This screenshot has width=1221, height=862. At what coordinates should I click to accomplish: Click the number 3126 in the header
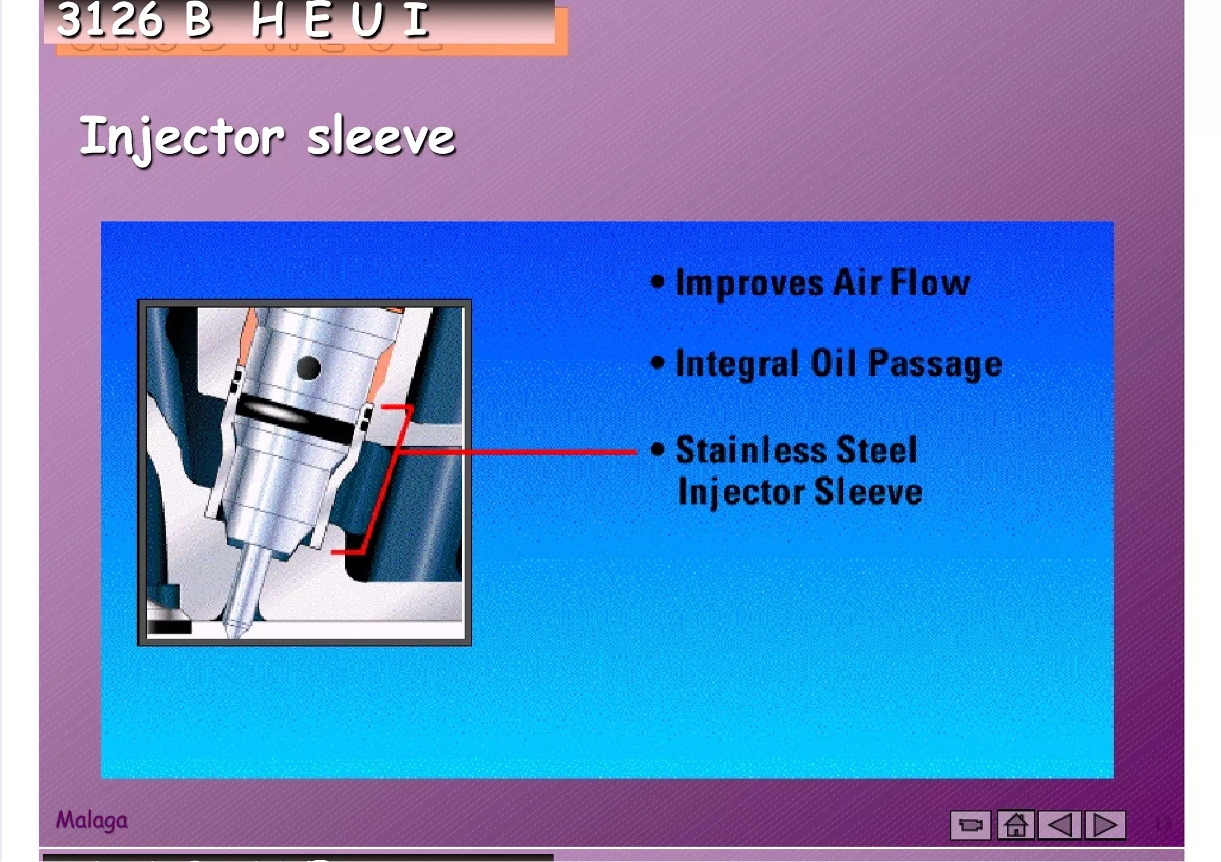click(x=110, y=19)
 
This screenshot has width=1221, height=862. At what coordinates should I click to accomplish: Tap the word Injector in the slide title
click(x=182, y=138)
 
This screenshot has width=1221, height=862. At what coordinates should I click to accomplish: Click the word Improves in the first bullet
click(x=749, y=283)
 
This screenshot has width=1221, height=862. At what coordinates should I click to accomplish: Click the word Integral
click(x=737, y=364)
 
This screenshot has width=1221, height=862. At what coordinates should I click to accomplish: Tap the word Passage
click(x=935, y=364)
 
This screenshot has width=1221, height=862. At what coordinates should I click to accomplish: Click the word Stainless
click(x=751, y=450)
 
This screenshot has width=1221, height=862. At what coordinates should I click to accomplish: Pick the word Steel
click(x=877, y=450)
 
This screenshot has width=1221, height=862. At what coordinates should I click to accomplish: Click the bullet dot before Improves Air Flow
click(x=657, y=282)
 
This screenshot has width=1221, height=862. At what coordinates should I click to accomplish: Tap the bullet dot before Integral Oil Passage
click(x=657, y=362)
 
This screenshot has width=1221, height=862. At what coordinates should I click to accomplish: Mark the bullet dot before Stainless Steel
click(x=657, y=449)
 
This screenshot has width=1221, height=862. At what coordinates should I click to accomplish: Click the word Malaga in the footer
click(x=92, y=820)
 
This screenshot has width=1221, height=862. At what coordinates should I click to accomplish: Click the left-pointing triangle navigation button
click(x=1059, y=825)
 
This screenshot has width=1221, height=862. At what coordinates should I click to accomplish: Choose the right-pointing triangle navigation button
click(x=1105, y=825)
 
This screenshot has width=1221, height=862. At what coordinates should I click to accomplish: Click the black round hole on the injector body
click(x=309, y=368)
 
